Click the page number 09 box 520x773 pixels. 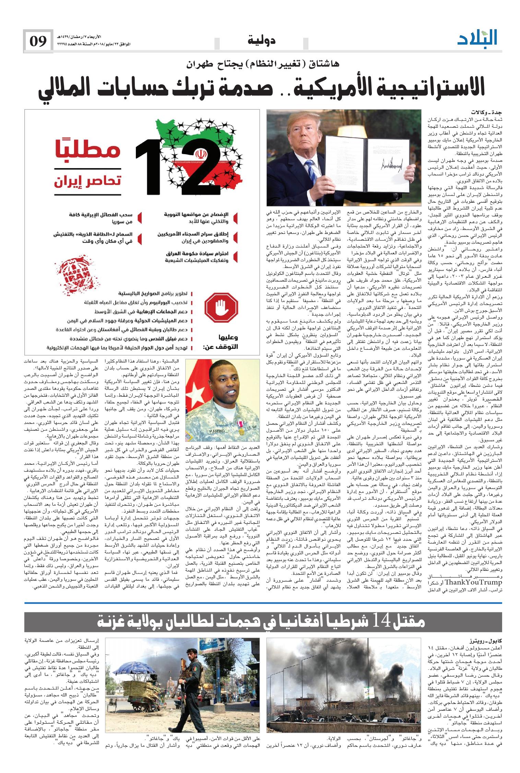click(38, 42)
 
